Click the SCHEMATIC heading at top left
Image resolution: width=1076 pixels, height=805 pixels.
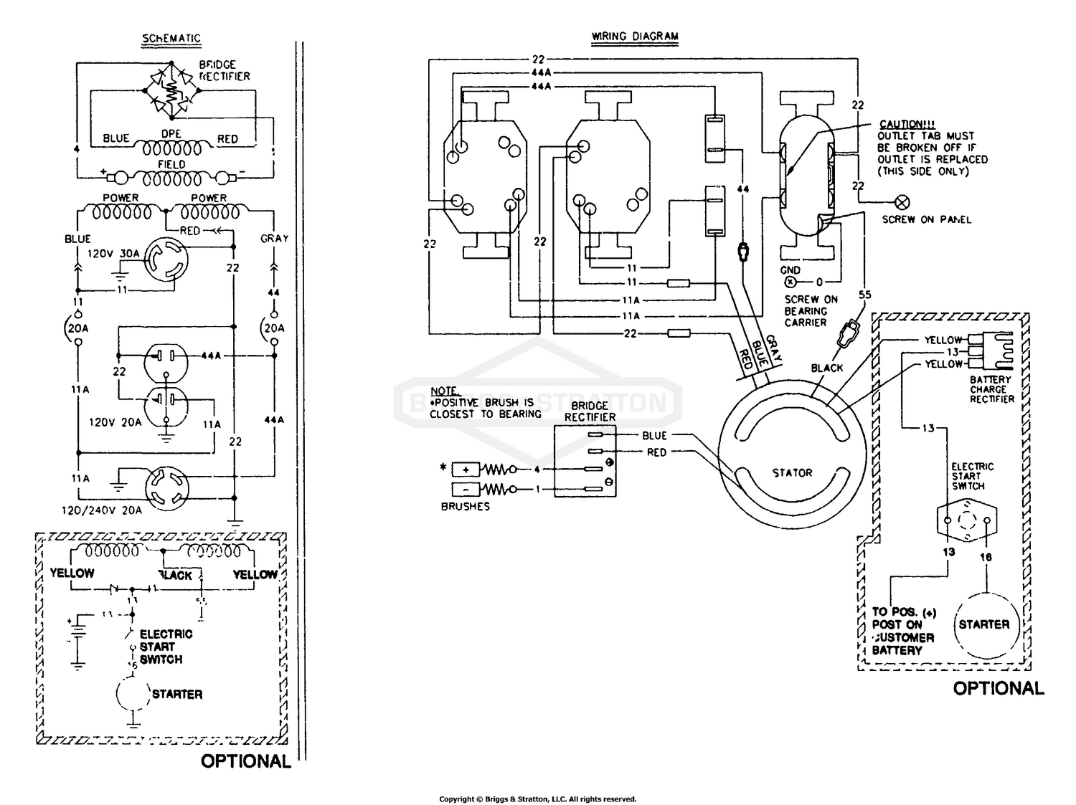point(171,39)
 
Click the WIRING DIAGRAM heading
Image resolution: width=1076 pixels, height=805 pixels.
point(635,37)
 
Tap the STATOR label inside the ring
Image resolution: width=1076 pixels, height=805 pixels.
point(792,473)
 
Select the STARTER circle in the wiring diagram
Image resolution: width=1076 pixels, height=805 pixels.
point(983,624)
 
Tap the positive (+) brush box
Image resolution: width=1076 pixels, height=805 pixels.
point(466,470)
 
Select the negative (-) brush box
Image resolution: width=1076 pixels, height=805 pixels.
point(466,490)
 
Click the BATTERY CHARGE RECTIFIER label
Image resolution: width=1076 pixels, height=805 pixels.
point(991,389)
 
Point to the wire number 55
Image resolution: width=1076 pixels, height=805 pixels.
point(865,295)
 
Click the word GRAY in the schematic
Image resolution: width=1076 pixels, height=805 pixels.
point(274,239)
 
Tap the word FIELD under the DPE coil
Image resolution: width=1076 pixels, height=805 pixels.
point(171,164)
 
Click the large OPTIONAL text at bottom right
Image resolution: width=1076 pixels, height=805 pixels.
point(998,688)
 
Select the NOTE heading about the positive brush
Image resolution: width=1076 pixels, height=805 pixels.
point(444,391)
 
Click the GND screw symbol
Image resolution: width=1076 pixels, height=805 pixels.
point(792,282)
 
